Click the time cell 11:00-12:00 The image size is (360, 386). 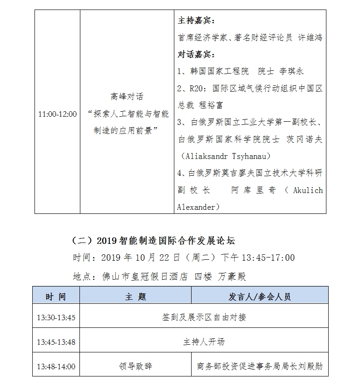57,114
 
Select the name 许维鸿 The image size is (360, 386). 310,38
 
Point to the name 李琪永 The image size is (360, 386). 291,72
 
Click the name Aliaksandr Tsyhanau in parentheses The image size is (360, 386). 225,156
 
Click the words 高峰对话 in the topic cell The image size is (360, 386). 127,97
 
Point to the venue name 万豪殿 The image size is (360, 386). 232,276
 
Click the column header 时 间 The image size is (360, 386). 56,297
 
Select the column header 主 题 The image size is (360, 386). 135,297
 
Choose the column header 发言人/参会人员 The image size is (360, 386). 260,297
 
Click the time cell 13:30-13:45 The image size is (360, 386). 56,317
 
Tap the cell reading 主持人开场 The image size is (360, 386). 203,342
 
